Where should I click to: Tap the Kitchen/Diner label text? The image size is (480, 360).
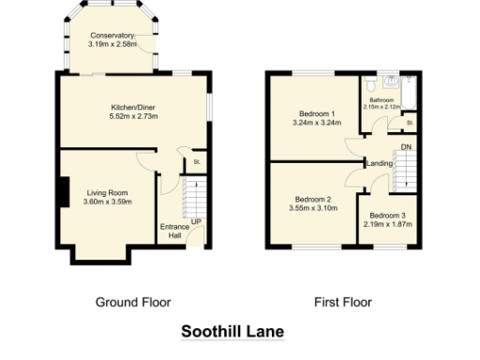click(x=131, y=108)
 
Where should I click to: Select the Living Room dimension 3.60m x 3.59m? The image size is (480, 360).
click(x=107, y=202)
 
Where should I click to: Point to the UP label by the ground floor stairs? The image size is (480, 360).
click(x=196, y=221)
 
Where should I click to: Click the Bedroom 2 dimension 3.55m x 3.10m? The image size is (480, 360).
click(x=313, y=207)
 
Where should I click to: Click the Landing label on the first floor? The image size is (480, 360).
click(x=380, y=163)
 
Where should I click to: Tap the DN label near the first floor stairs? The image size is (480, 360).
click(x=405, y=147)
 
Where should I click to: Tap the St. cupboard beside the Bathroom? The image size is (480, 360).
click(x=410, y=122)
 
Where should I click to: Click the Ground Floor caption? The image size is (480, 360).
click(x=133, y=302)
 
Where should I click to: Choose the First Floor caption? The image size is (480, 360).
click(x=342, y=302)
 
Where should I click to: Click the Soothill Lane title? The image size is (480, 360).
click(x=231, y=332)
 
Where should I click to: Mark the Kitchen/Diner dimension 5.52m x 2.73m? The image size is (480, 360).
click(x=131, y=117)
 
